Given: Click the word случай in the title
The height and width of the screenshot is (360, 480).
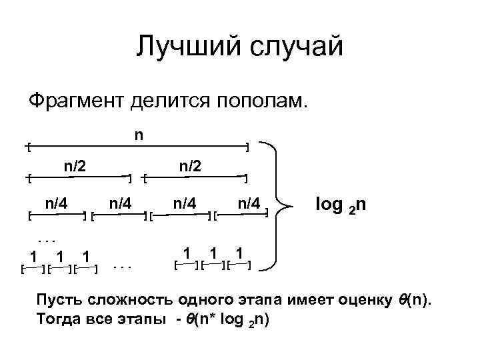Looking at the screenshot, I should [x=293, y=47].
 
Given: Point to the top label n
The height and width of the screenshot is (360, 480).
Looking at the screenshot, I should [x=138, y=135].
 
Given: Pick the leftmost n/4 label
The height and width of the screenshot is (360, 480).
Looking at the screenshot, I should [x=55, y=202].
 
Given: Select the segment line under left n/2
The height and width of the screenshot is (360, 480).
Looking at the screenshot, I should [x=80, y=177].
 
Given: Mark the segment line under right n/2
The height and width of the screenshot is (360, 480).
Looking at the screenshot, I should [x=197, y=177].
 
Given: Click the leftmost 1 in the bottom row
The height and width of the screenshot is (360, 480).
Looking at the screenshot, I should [x=31, y=255].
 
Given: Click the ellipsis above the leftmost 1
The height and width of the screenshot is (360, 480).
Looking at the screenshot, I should [x=44, y=238].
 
